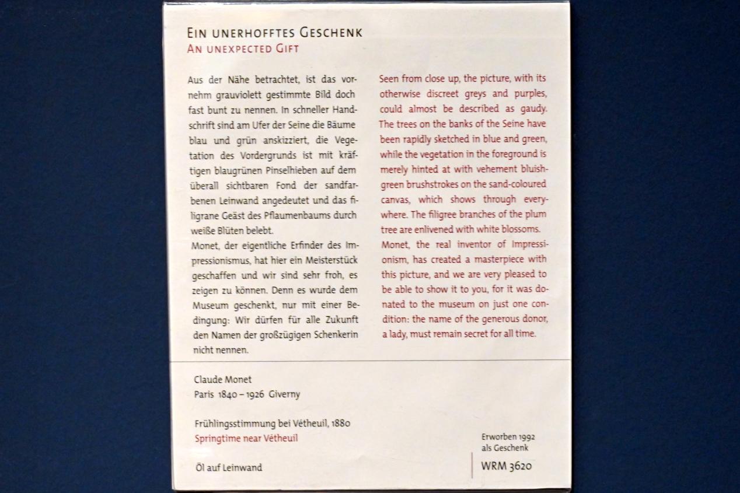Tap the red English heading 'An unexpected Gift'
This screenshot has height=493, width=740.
[243, 48]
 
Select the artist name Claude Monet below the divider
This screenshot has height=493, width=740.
[223, 379]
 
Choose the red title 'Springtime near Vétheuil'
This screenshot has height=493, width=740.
[246, 438]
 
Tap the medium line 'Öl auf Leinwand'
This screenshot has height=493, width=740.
[228, 467]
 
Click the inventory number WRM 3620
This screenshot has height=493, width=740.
[506, 466]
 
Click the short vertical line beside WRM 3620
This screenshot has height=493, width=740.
[472, 466]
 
